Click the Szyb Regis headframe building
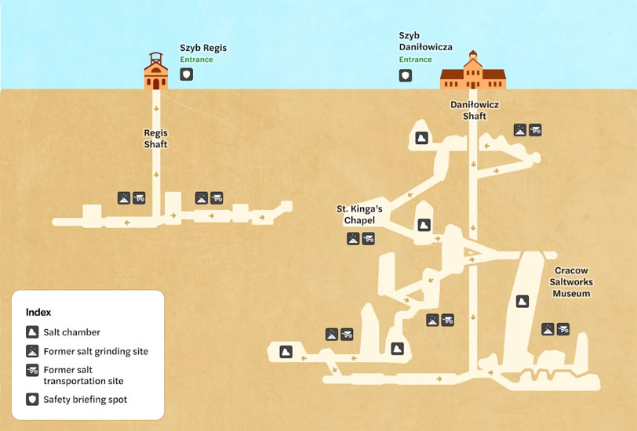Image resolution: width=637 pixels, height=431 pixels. point(156,72)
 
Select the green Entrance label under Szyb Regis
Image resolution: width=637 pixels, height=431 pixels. point(197,60)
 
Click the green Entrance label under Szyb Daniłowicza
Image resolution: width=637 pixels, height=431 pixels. point(415,60)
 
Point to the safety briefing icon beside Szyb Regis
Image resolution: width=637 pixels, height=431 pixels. point(187,74)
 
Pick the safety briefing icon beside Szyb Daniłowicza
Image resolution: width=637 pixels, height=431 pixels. point(406,75)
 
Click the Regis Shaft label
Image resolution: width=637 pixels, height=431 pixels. point(155,139)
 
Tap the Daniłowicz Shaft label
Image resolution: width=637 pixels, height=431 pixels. point(475,110)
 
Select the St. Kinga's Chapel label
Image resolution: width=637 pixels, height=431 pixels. point(359,214)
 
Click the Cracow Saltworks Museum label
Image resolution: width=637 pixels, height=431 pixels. point(571,281)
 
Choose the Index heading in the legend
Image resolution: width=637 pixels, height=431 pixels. point(38,312)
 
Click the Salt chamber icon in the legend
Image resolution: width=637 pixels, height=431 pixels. point(32,332)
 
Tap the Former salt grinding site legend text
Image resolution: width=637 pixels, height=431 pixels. point(96,351)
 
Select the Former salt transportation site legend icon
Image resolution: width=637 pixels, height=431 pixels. point(32,370)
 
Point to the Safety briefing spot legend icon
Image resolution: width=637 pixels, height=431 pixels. point(32,400)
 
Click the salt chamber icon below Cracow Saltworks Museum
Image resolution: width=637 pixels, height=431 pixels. point(522,301)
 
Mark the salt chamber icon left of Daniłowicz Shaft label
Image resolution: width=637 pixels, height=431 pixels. point(422,138)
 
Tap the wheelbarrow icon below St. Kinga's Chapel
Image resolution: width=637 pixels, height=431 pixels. point(368,239)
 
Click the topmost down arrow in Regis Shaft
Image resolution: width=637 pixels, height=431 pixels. point(156,109)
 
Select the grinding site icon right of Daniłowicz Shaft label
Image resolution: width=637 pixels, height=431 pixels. point(520,130)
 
